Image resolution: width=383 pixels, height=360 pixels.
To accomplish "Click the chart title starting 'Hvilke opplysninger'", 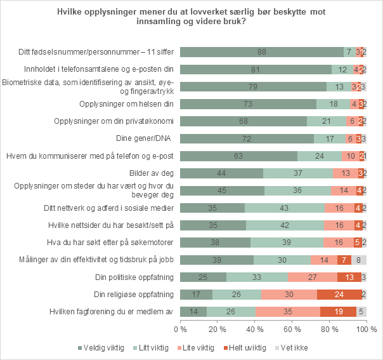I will coord(191,17).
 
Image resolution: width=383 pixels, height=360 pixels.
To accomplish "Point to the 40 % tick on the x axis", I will coord(255,330).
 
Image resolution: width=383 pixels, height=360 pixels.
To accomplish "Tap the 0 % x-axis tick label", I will coord(181,330).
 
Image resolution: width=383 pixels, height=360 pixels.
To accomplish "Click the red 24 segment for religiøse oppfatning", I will coord(339,294).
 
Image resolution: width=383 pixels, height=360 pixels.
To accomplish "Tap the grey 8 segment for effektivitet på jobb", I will coord(359,259).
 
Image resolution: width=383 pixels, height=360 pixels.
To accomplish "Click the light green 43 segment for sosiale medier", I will coord(285,208).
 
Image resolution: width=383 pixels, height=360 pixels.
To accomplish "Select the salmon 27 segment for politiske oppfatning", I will coord(312,277).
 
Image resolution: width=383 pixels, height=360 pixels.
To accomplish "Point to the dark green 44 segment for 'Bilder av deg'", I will coord(221,173).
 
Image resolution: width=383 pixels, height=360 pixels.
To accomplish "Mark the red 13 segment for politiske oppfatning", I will coord(349,277).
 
